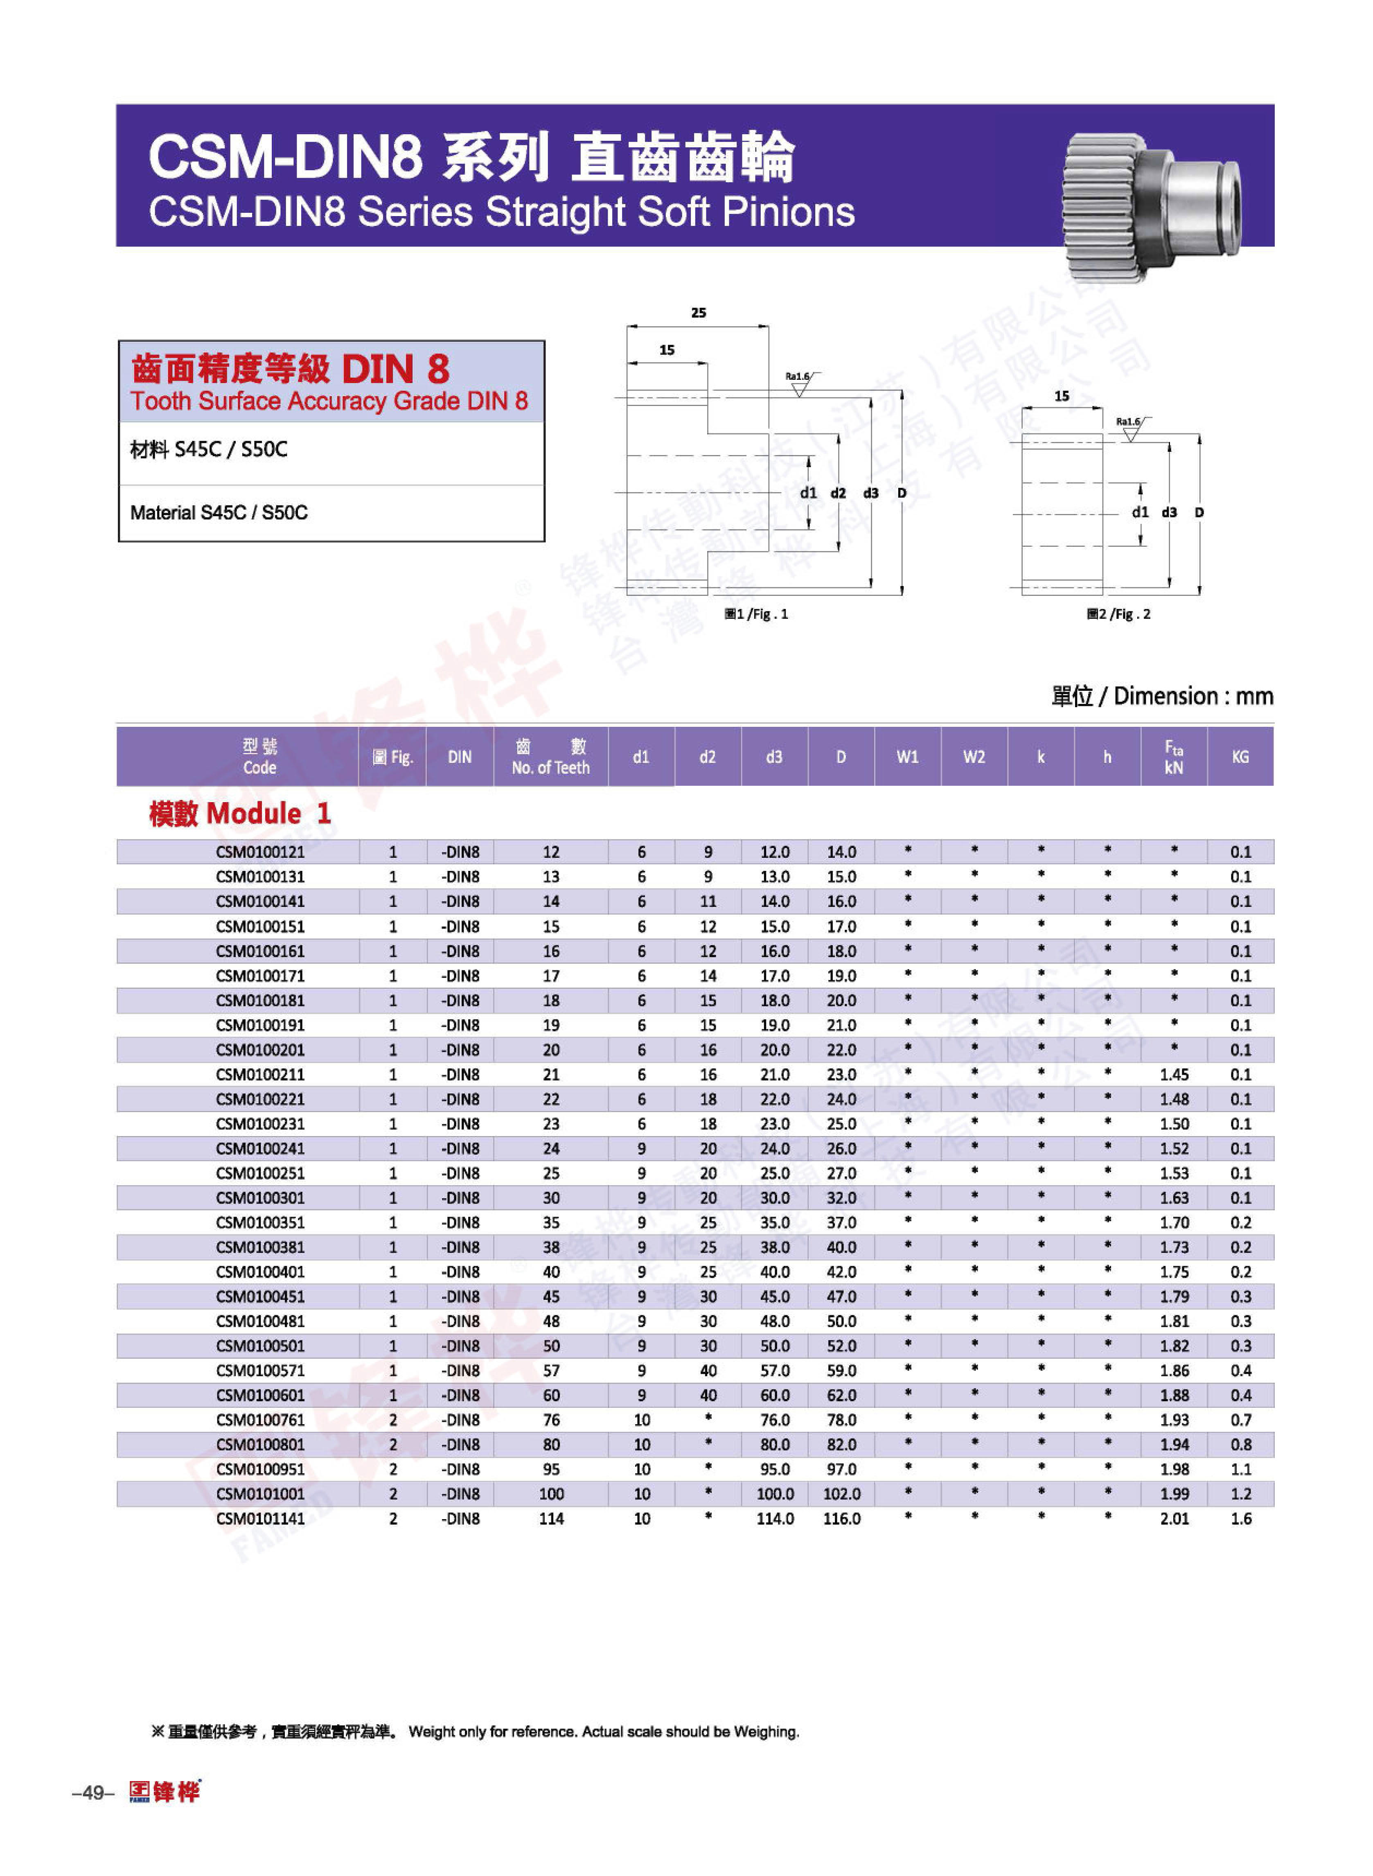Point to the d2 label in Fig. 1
[838, 493]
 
